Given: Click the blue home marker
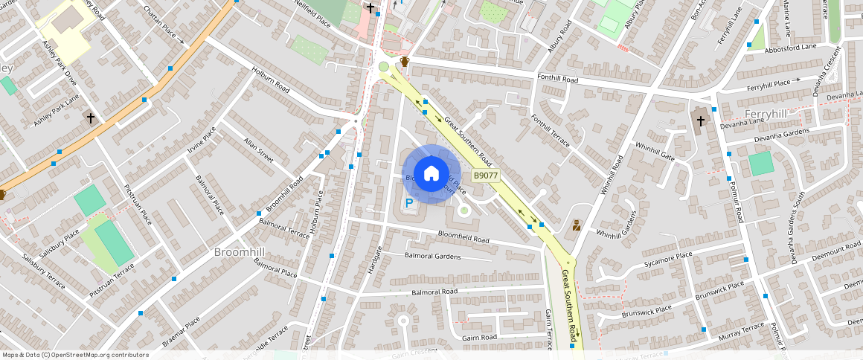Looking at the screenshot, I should (x=431, y=174).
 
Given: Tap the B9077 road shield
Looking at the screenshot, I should (x=486, y=176).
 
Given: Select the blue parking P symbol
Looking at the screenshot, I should (x=408, y=202).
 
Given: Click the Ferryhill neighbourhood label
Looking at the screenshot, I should (x=766, y=113).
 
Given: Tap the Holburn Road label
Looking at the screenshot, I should (x=270, y=80).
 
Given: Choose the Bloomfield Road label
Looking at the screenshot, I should (x=463, y=240).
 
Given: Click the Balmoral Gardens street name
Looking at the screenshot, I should (x=432, y=257).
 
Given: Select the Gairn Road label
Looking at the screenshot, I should (x=479, y=338).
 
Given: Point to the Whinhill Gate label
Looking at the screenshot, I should (x=654, y=151).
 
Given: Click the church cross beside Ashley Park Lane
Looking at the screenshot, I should (x=91, y=118).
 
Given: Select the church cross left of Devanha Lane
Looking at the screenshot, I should (x=701, y=120).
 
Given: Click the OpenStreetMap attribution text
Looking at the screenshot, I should (x=75, y=355).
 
